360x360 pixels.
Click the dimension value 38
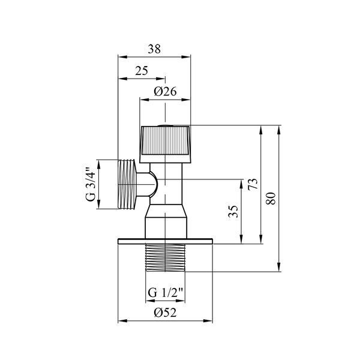[154, 49]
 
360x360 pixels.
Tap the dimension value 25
[142, 71]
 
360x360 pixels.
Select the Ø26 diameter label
[165, 91]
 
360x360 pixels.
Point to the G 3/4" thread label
[91, 184]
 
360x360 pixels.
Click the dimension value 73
[253, 184]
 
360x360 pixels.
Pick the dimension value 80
[271, 199]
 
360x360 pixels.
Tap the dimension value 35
[233, 211]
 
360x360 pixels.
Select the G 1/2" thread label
[165, 293]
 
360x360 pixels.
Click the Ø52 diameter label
[165, 313]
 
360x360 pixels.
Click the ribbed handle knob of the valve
[166, 144]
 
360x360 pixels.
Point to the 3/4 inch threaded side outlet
[127, 184]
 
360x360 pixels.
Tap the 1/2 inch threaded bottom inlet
[166, 257]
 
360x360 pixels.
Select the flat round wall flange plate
[166, 241]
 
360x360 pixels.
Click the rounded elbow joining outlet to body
[147, 185]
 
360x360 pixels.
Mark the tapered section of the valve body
[166, 211]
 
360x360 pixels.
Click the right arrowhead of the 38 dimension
[186, 57]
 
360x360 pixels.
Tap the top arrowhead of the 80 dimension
[279, 130]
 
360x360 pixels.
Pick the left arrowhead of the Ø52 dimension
[122, 321]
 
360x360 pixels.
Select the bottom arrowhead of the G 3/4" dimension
[99, 204]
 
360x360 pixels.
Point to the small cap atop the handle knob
[166, 125]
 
